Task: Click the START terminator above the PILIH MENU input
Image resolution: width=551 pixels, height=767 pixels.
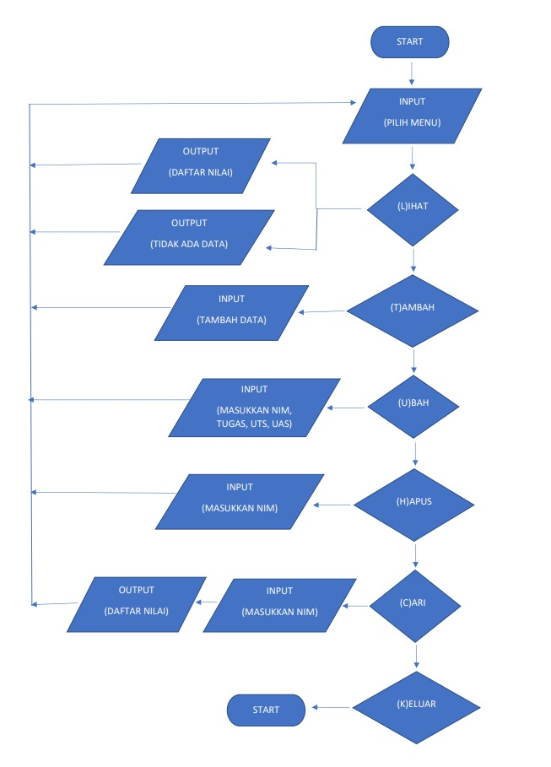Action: point(410,42)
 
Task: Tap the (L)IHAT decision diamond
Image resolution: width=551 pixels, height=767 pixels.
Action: point(412,209)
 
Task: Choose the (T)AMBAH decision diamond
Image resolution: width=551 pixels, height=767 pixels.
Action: point(413,310)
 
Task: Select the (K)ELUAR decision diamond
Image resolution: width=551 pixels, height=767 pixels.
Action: point(417,707)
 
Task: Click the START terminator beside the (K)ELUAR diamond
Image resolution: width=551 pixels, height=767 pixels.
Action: point(265,710)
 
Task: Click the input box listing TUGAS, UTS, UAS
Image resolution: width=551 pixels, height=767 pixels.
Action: point(254,407)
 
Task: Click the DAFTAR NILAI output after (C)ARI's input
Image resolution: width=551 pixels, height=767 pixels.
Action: point(137,604)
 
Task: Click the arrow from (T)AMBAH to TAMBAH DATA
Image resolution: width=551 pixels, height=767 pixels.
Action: point(323,311)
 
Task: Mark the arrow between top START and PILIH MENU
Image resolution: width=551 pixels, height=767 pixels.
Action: point(411,72)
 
